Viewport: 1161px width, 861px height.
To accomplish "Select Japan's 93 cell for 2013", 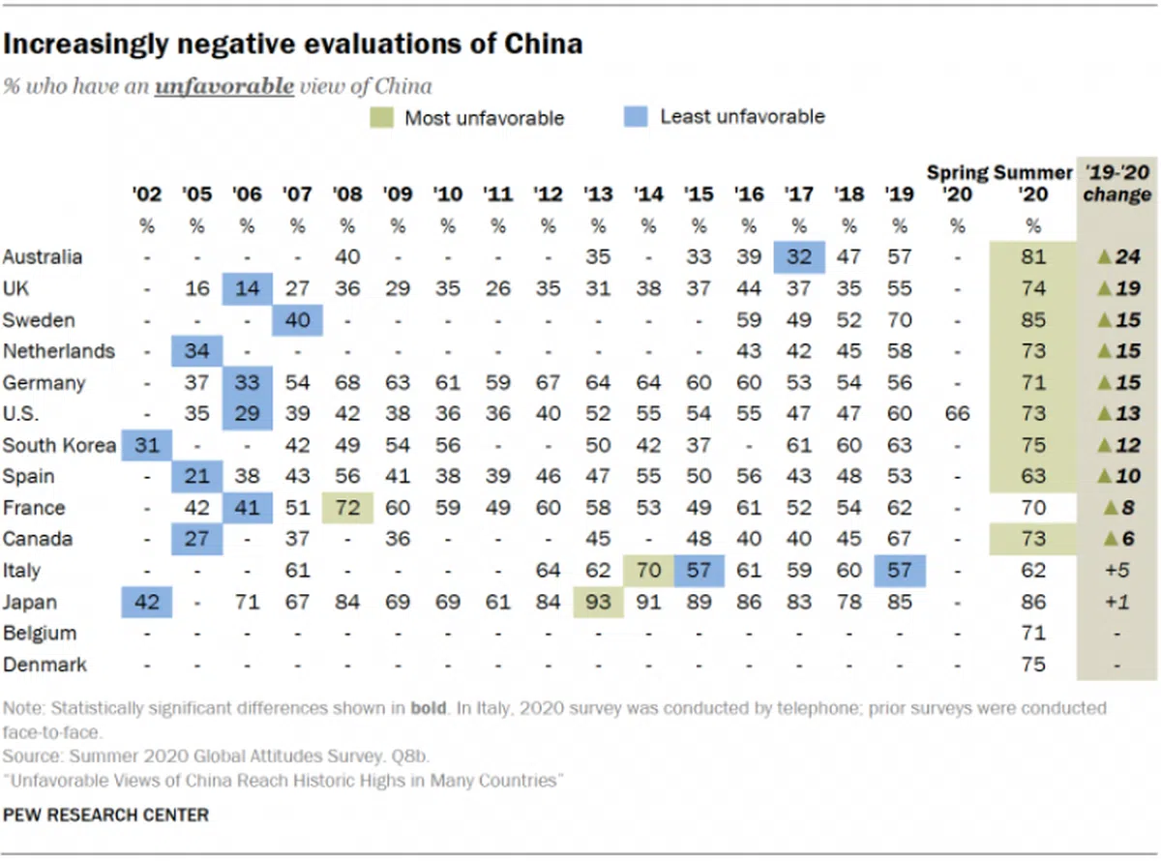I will click(x=599, y=602).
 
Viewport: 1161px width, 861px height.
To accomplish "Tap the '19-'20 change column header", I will click(x=1116, y=183).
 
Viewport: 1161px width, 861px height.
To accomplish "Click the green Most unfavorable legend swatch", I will click(x=381, y=118).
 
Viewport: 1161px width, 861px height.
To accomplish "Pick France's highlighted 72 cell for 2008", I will click(x=347, y=508).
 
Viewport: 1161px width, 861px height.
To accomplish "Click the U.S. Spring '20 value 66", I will click(x=957, y=414).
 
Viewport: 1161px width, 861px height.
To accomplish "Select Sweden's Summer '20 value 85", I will click(x=1033, y=320).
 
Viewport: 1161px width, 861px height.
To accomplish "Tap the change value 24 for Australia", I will click(x=1119, y=257).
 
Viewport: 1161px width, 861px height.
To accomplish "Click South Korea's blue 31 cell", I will click(x=146, y=445).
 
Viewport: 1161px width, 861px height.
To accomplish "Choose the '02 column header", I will click(x=146, y=193).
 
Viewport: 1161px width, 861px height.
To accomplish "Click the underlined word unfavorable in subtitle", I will click(x=223, y=86).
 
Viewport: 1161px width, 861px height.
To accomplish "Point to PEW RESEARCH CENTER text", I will click(x=105, y=815).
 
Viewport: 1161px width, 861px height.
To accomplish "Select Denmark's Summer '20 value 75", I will click(x=1033, y=665).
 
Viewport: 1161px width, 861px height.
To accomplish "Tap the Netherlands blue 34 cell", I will click(x=196, y=351).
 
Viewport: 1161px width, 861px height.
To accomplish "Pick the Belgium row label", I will click(x=36, y=634).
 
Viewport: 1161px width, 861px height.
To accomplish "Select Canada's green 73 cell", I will click(x=1033, y=539).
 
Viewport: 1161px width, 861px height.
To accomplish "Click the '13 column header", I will click(x=599, y=193).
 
